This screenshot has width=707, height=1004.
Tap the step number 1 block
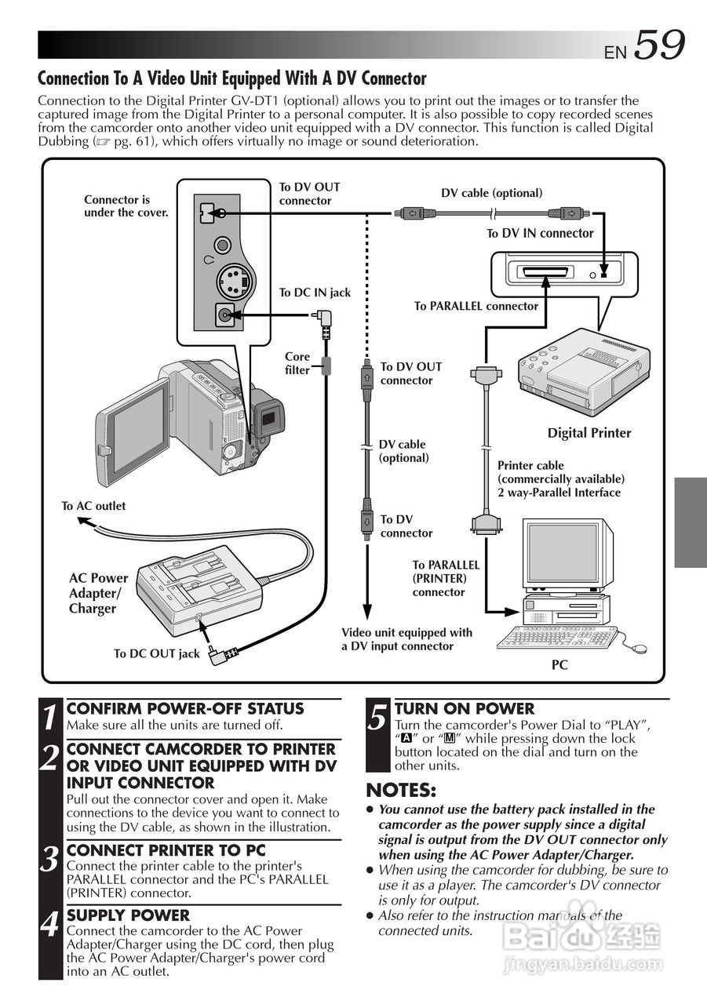[x=50, y=717]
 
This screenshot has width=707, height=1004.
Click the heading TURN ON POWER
[x=465, y=708]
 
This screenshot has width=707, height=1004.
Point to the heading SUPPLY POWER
[x=128, y=915]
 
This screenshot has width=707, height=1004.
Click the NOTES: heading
[x=401, y=789]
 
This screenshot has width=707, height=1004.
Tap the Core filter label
[x=297, y=363]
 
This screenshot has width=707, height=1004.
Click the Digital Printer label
[x=589, y=433]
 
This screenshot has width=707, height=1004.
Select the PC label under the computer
[x=559, y=665]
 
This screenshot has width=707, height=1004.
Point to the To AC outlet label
[x=93, y=506]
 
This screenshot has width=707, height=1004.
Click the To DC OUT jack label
[x=156, y=653]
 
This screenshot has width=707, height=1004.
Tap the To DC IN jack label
[x=315, y=293]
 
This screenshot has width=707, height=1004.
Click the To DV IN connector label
[x=540, y=233]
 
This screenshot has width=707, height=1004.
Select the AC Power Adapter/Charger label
[x=97, y=593]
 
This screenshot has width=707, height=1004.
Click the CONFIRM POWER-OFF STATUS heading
[x=185, y=708]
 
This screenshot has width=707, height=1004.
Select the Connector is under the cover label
[x=126, y=206]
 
